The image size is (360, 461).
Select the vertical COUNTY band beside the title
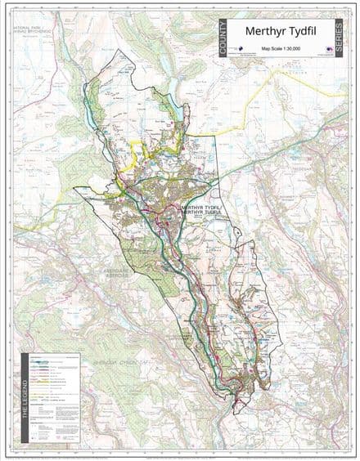tap(224, 38)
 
